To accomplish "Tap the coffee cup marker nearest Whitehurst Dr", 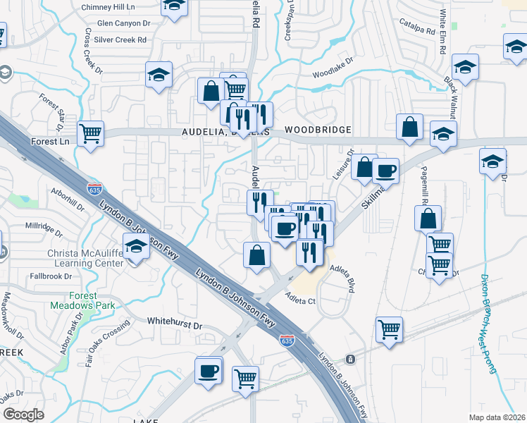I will pyautogui.click(x=209, y=370).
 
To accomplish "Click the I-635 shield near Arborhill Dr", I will pyautogui.click(x=95, y=189).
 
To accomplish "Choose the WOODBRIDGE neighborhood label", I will pyautogui.click(x=318, y=130).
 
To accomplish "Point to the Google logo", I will pyautogui.click(x=24, y=414).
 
